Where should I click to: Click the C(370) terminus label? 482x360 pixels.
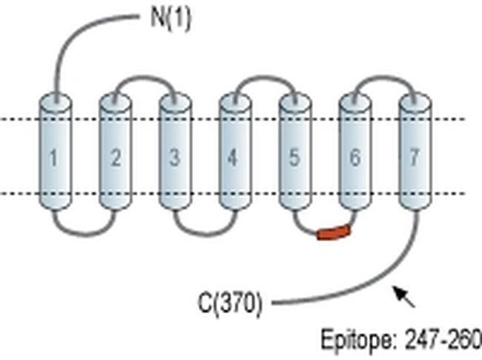tap(230, 304)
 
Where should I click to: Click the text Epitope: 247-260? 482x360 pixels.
tap(400, 340)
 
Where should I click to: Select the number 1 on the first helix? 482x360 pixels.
tap(54, 157)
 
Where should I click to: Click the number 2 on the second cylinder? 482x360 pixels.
tap(115, 157)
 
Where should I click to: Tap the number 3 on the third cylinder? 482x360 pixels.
tap(174, 157)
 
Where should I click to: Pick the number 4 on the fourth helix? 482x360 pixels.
tap(234, 157)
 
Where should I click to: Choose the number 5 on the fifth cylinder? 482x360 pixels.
tap(294, 157)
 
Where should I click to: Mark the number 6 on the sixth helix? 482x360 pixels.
tap(354, 157)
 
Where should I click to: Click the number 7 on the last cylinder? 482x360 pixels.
tap(414, 157)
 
